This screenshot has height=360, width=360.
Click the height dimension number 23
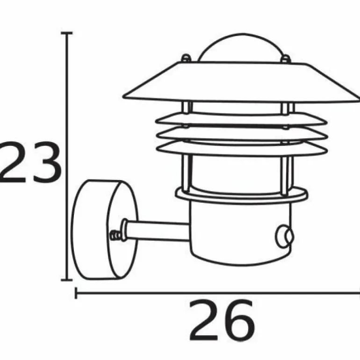pos(31,162)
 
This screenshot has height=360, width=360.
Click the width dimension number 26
pos(222,320)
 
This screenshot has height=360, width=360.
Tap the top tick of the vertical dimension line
pos(67,33)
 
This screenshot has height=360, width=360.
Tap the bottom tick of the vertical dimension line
pos(67,280)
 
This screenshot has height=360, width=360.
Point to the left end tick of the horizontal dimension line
pos(76,293)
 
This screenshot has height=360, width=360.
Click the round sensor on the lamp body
pos(284,237)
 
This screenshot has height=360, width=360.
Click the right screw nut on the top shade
pos(286,59)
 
